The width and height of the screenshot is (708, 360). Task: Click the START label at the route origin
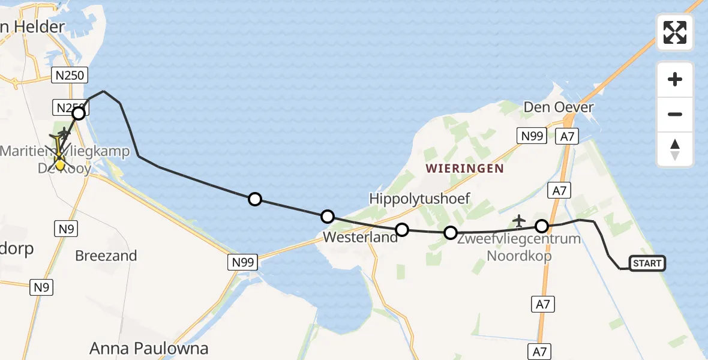tap(647, 263)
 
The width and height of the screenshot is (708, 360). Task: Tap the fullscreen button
tap(675, 32)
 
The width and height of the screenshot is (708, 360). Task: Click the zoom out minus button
tap(675, 114)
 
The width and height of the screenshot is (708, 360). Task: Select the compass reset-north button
tap(675, 149)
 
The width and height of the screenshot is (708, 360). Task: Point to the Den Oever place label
tap(559, 108)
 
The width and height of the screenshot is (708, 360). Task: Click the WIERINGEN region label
tap(465, 169)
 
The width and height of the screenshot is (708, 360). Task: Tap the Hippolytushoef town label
tap(419, 199)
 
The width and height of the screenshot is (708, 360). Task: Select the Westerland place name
tap(360, 237)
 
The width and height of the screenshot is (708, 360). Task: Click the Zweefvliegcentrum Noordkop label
tap(519, 247)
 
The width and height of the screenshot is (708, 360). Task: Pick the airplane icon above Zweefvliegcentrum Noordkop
tap(520, 221)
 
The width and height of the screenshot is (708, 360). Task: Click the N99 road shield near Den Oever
tap(532, 136)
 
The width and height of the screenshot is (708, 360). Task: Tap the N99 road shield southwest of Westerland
tap(243, 262)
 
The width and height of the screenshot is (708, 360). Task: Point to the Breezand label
tap(106, 256)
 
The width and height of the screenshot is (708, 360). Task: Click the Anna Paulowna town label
tap(149, 348)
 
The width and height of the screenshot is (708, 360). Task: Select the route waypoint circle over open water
tap(255, 199)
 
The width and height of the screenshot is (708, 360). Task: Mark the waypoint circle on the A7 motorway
tap(542, 226)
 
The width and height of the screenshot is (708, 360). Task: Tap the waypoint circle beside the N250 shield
tap(79, 113)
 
